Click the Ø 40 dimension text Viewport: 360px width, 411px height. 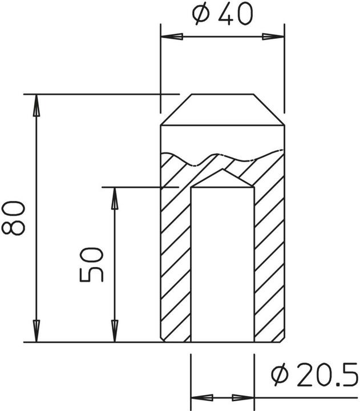tap(223, 15)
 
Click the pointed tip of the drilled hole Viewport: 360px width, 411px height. tap(222, 171)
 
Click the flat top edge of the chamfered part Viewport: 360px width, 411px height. tap(222, 94)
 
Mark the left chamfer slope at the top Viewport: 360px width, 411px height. tap(176, 110)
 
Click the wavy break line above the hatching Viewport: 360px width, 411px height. tap(222, 155)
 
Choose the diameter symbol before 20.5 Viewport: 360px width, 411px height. tap(279, 377)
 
